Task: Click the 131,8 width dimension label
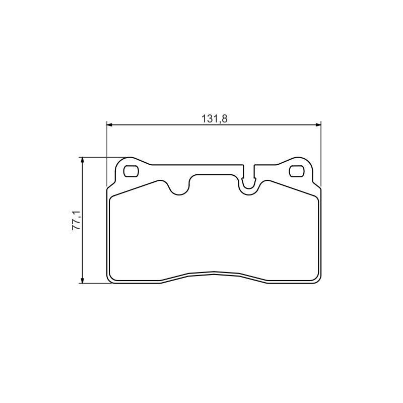pyautogui.click(x=215, y=119)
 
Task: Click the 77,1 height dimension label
pyautogui.click(x=77, y=220)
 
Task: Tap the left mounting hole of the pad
pyautogui.click(x=131, y=171)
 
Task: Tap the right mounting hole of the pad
pyautogui.click(x=297, y=171)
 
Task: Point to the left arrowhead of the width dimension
pyautogui.click(x=109, y=125)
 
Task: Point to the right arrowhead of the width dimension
pyautogui.click(x=318, y=125)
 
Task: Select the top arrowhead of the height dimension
pyautogui.click(x=82, y=160)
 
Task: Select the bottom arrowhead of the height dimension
pyautogui.click(x=82, y=281)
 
